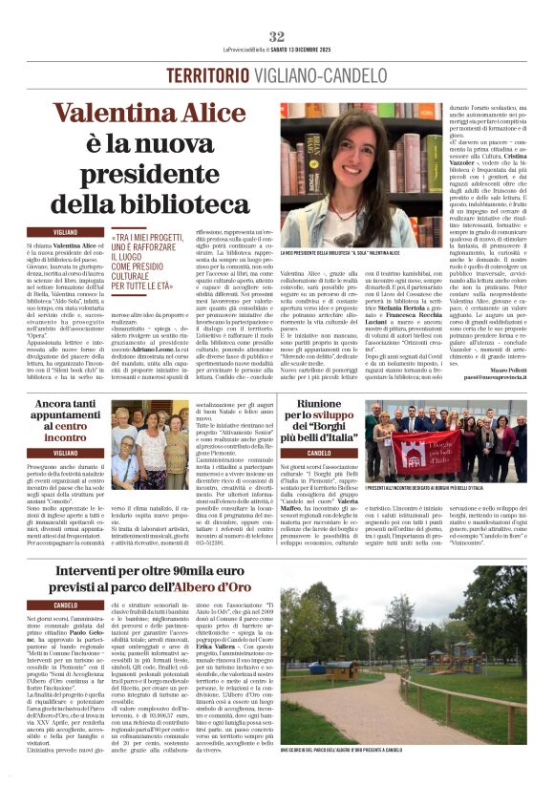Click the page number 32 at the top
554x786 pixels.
point(276,35)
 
